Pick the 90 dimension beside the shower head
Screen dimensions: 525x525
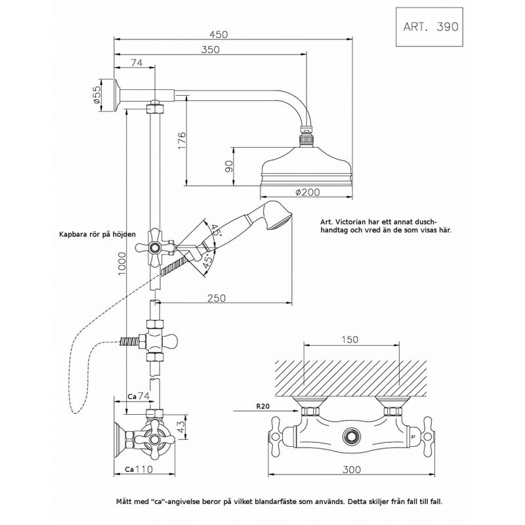(x=229, y=167)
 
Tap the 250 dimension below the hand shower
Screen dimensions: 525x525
(x=216, y=297)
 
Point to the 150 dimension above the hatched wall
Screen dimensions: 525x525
(x=349, y=339)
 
